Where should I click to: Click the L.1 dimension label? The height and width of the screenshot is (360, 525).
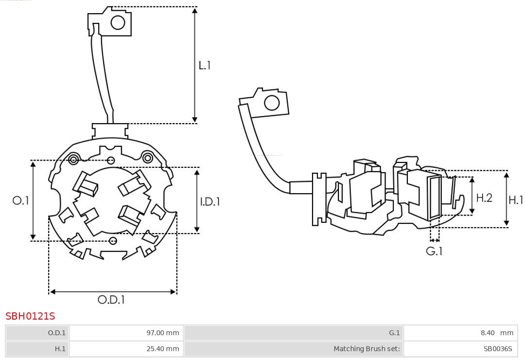[x=205, y=65]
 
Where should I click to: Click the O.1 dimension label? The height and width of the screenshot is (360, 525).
[x=21, y=200]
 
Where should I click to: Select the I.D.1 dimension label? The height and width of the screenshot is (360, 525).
[x=210, y=201]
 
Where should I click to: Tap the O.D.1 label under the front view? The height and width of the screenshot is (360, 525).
[x=111, y=300]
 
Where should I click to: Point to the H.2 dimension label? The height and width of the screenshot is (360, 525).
[x=484, y=198]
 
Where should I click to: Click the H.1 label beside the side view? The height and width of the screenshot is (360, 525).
[x=516, y=199]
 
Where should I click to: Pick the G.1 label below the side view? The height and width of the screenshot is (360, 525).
[x=435, y=252]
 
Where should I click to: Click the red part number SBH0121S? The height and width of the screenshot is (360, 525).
[x=30, y=316]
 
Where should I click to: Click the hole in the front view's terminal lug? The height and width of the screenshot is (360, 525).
[x=118, y=22]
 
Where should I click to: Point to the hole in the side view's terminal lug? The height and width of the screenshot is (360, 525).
[x=271, y=103]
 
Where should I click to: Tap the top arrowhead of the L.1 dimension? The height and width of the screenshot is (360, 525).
[x=195, y=10]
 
